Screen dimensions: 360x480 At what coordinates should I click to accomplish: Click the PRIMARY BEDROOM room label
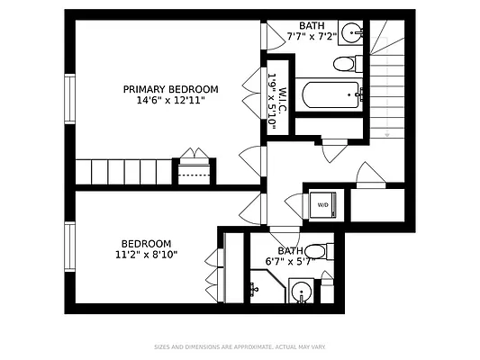point(170,88)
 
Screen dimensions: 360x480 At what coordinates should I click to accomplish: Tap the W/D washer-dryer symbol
point(322,203)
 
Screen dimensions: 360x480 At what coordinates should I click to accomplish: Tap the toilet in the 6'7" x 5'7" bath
point(316,251)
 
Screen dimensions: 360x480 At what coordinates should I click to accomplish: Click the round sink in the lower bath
point(302,291)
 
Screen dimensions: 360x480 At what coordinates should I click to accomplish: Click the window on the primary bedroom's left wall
point(68,100)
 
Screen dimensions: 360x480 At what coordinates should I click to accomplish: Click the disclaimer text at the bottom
point(240,346)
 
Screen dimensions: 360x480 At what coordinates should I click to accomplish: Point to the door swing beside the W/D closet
point(294,204)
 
